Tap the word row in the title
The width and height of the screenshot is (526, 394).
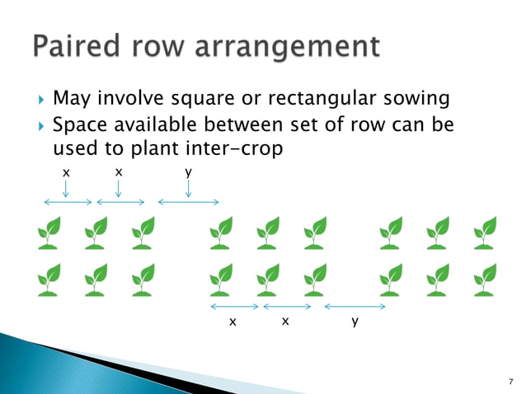(157, 47)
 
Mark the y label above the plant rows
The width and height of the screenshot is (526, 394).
(189, 171)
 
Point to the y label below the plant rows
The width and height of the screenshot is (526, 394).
(355, 322)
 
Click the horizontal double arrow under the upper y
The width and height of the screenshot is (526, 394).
(188, 202)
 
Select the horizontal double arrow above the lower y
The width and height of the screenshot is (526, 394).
(355, 307)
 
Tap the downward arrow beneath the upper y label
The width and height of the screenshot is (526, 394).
(189, 189)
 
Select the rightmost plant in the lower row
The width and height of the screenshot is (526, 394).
(485, 279)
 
